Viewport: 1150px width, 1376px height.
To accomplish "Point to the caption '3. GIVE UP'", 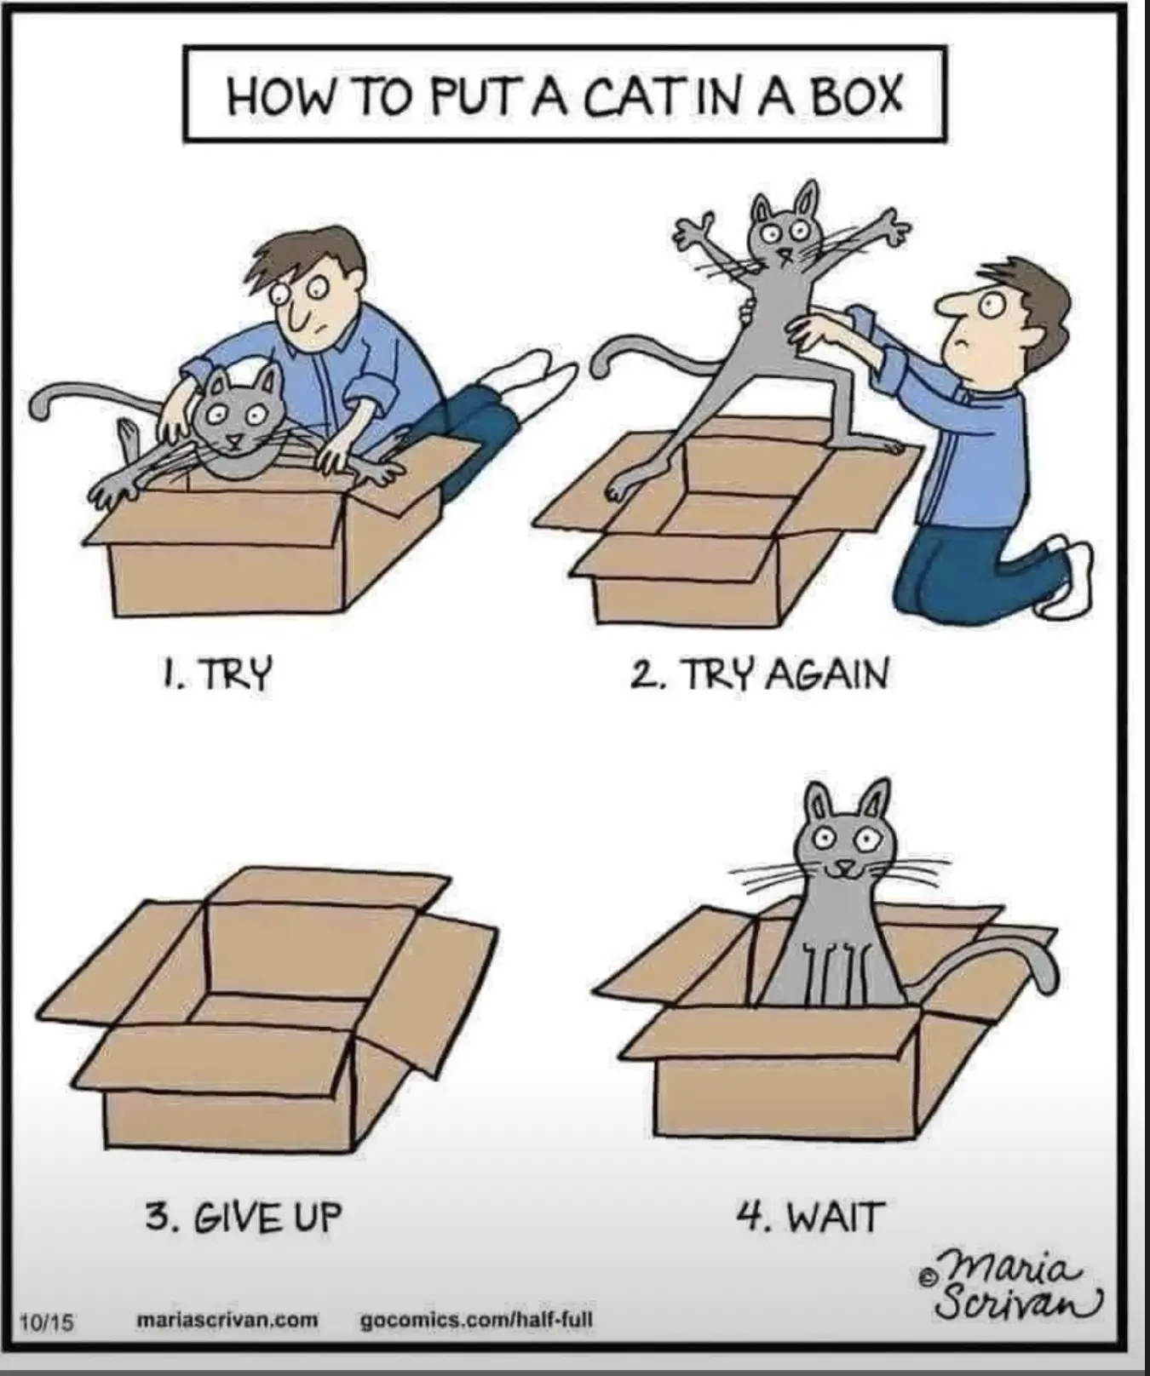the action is pos(243,1217).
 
